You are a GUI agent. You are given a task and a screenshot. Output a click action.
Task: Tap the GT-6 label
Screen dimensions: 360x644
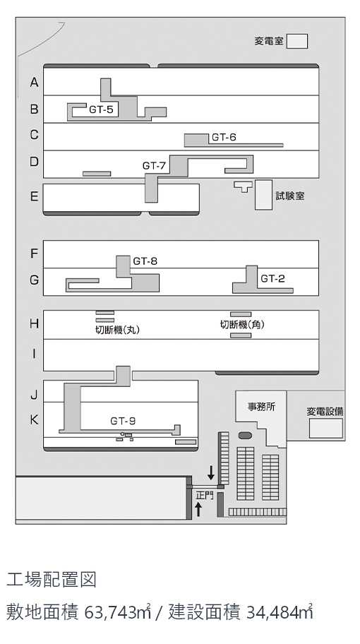coord(224,137)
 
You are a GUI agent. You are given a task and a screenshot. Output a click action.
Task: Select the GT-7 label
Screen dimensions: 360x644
coord(155,165)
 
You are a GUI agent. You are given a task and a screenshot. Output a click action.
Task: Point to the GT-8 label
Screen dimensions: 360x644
coord(145,261)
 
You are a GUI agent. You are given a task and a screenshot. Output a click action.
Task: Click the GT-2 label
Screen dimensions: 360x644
coord(273,279)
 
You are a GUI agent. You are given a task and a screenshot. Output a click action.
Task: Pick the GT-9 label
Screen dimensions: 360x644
coord(123,421)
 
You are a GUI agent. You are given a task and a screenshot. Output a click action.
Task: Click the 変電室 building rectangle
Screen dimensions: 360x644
coord(296,42)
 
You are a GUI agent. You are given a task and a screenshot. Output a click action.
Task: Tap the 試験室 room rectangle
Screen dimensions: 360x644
coord(263,195)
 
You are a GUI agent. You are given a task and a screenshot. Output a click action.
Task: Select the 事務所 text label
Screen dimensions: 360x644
coord(261,407)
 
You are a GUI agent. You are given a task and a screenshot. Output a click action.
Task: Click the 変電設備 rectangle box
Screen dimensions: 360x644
coord(326,429)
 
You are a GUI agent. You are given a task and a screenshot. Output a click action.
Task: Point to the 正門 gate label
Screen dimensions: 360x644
coord(205,495)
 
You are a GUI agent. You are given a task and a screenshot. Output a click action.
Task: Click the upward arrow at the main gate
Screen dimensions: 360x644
coord(198,509)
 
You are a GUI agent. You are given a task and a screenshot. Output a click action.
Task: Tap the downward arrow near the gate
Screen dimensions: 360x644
coord(211,472)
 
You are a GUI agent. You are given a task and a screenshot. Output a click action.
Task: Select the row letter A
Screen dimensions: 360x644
coord(35,83)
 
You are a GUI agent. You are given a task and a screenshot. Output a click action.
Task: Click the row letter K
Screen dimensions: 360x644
coord(35,420)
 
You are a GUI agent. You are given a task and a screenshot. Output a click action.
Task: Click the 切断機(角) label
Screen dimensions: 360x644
coord(243,325)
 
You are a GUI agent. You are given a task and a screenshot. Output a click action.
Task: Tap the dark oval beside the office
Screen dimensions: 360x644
coord(245,436)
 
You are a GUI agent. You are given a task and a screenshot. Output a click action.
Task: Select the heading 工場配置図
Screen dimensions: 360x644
coord(52,580)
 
